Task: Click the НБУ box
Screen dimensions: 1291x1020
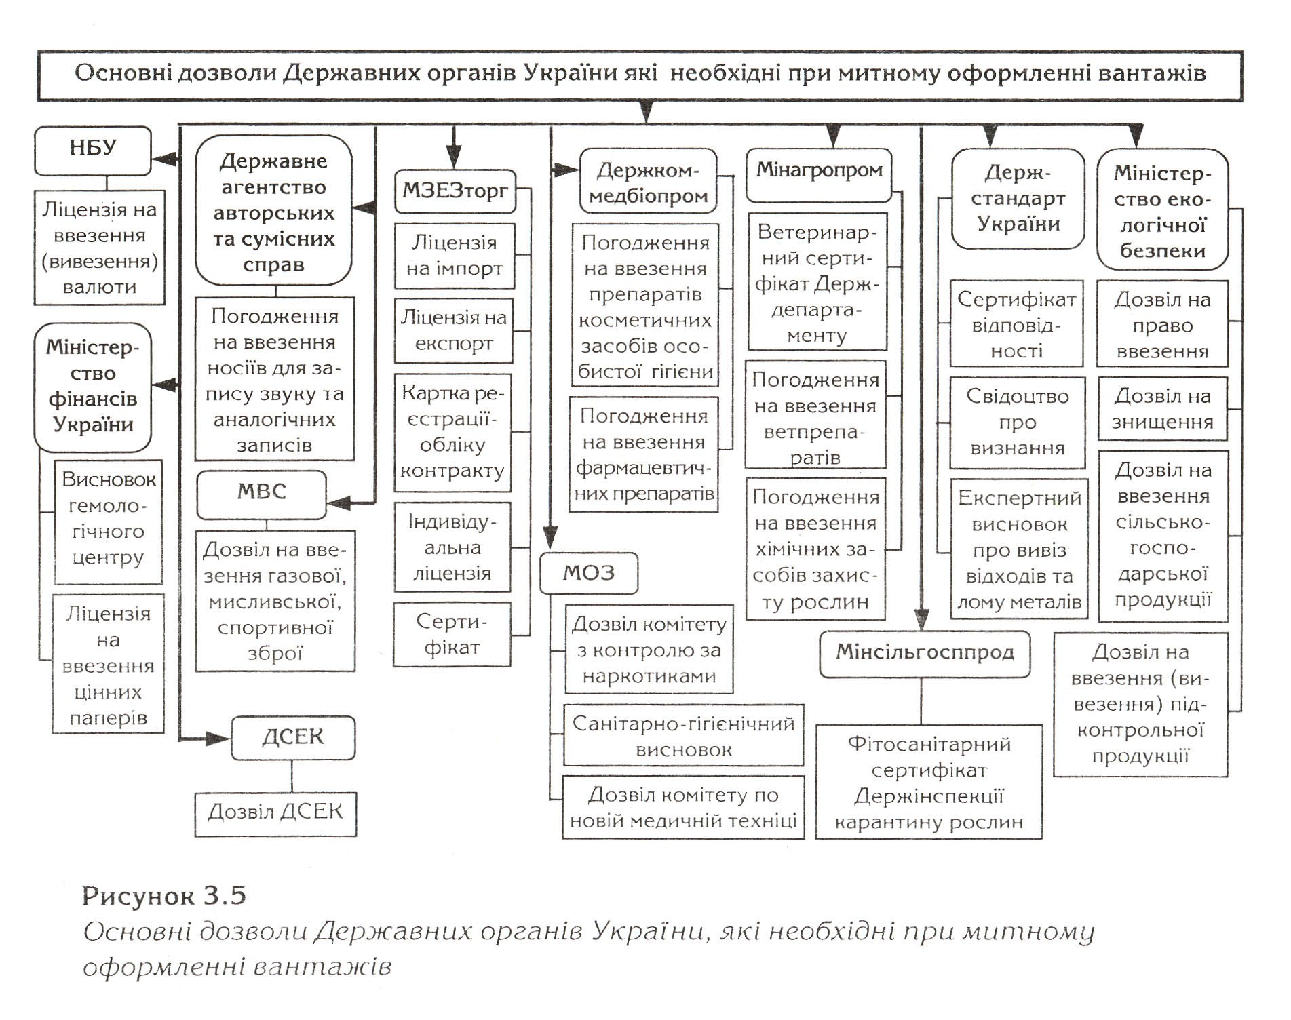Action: click(x=93, y=151)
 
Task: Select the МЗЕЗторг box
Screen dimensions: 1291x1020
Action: click(x=455, y=191)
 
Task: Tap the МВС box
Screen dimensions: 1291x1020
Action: click(x=262, y=494)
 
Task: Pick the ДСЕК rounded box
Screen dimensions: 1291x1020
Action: click(x=293, y=737)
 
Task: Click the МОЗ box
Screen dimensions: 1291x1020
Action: click(x=589, y=574)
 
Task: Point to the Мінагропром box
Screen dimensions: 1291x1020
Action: click(x=819, y=175)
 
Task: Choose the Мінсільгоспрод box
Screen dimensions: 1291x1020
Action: click(x=925, y=654)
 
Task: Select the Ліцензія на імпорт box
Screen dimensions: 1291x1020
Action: click(x=455, y=256)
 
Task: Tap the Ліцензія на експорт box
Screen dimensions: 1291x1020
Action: click(x=454, y=330)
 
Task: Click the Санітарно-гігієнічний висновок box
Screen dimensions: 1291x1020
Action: click(x=684, y=736)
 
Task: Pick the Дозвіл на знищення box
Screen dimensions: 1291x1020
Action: click(x=1163, y=408)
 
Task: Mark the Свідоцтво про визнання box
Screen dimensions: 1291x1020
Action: click(x=1018, y=422)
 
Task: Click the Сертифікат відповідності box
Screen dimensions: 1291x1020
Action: click(x=1016, y=324)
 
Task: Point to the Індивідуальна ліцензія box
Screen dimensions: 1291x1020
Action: click(x=452, y=547)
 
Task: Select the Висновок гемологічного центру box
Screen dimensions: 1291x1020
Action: click(x=109, y=522)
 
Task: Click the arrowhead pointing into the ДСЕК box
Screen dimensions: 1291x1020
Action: click(x=218, y=739)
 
